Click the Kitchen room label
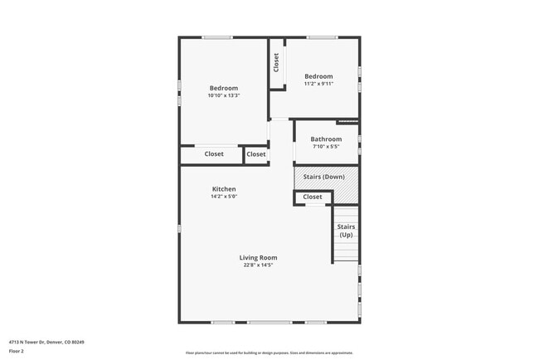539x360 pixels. pyautogui.click(x=224, y=189)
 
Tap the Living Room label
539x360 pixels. pyautogui.click(x=258, y=257)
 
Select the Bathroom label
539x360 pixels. pyautogui.click(x=326, y=139)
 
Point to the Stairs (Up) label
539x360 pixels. pyautogui.click(x=346, y=231)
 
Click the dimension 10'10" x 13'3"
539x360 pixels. pyautogui.click(x=224, y=95)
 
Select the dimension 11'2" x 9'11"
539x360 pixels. pyautogui.click(x=319, y=84)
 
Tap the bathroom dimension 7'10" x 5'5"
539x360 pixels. pyautogui.click(x=326, y=147)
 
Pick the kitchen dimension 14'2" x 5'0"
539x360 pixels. pyautogui.click(x=224, y=197)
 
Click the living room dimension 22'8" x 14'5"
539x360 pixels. pyautogui.click(x=258, y=265)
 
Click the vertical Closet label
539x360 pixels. pyautogui.click(x=276, y=62)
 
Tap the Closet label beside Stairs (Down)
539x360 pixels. pyautogui.click(x=313, y=197)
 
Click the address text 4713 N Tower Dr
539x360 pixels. pyautogui.click(x=46, y=342)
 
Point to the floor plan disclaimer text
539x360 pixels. pyautogui.click(x=269, y=353)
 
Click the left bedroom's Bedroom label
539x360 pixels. pyautogui.click(x=224, y=88)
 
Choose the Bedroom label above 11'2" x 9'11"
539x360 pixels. pyautogui.click(x=319, y=76)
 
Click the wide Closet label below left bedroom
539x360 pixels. pyautogui.click(x=214, y=154)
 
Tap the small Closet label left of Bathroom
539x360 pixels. pyautogui.click(x=256, y=154)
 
